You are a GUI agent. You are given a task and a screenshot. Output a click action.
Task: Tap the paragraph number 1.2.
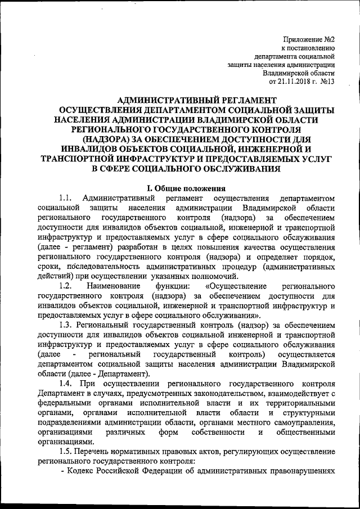(x=65, y=286)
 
